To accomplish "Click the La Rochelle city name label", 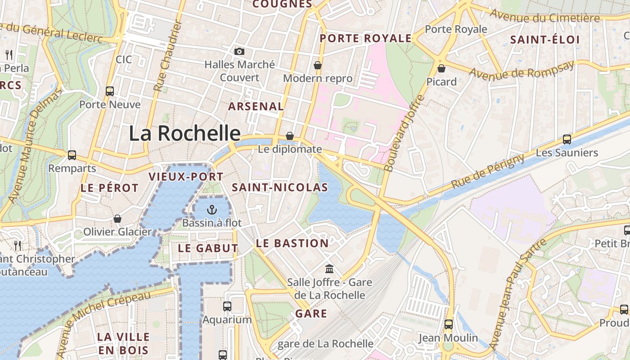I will pos(184,133).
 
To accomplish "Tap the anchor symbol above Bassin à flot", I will pos(211,209).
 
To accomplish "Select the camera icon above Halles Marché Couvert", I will pos(239,51).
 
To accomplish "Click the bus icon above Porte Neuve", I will pos(110,91).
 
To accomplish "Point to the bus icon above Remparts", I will pos(72,155).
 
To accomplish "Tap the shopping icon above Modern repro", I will pos(318,65).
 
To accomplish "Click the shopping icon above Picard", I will pos(441,68).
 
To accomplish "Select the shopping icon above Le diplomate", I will pos(290,136).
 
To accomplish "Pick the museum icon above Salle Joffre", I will pos(329,269).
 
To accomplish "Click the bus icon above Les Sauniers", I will pos(567,139).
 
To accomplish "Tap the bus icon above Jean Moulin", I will pos(448,324).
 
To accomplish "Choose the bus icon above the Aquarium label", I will pos(227,306).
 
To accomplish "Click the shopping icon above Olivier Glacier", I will pos(117,219).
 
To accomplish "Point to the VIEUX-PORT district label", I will pos(186,177).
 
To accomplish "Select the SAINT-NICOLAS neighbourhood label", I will pos(279,188).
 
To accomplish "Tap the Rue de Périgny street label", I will pos(487,171).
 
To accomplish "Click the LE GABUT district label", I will pos(207,248).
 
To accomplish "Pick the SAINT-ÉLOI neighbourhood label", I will pos(544,40).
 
